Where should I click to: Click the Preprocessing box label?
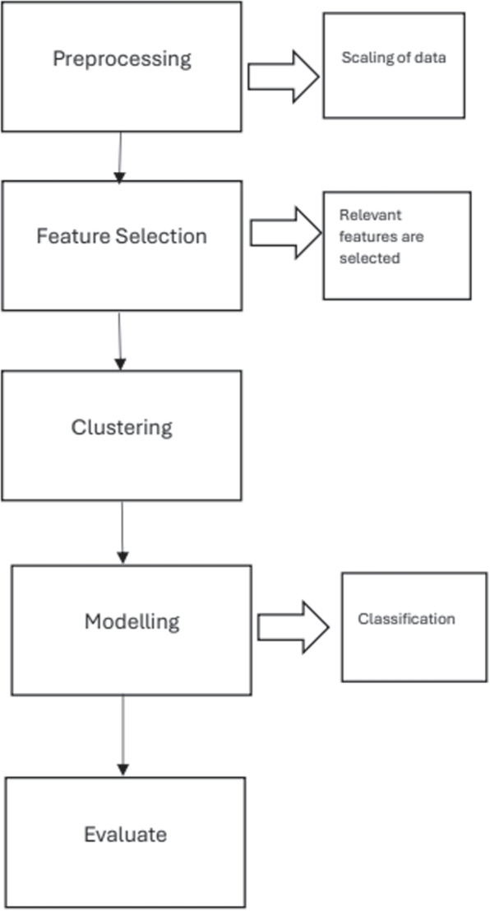(x=122, y=59)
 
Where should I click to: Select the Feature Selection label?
(x=122, y=236)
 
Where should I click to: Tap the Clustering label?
(x=122, y=427)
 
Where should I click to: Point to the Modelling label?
(x=132, y=621)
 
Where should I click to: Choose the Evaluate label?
(x=125, y=834)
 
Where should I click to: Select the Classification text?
(x=406, y=618)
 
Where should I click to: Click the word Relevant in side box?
(x=359, y=215)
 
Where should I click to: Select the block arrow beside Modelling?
(x=293, y=627)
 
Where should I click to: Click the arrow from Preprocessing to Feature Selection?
(x=121, y=156)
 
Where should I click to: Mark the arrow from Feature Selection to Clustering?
(x=120, y=340)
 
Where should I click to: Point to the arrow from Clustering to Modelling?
(x=122, y=532)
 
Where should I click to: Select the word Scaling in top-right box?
(x=360, y=58)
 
